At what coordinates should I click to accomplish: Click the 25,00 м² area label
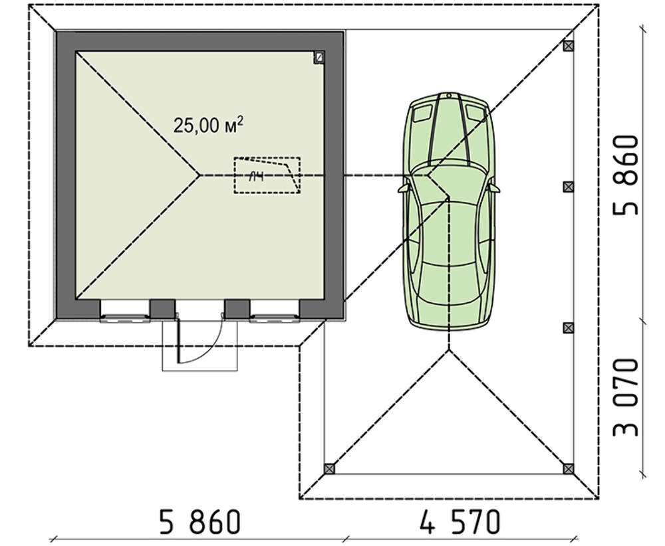click(x=208, y=125)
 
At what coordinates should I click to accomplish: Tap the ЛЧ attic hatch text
click(x=256, y=177)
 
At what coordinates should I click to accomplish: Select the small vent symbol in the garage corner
click(x=319, y=57)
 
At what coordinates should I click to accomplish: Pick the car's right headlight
click(x=475, y=112)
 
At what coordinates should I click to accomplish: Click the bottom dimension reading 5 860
click(x=200, y=521)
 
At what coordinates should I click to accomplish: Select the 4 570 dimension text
click(x=461, y=521)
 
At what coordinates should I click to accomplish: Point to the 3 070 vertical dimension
click(x=626, y=397)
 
